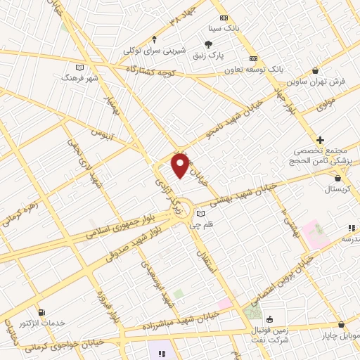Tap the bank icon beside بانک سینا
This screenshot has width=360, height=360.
coord(224,18)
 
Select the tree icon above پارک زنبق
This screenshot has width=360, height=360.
coord(209,43)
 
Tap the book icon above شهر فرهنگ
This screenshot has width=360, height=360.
coord(80,67)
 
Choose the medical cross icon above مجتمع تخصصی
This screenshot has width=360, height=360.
coord(321,141)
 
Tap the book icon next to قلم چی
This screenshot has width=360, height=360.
coord(202,214)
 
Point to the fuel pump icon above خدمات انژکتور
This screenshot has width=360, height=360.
coord(42,312)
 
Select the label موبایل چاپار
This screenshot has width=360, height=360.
coord(340,337)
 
